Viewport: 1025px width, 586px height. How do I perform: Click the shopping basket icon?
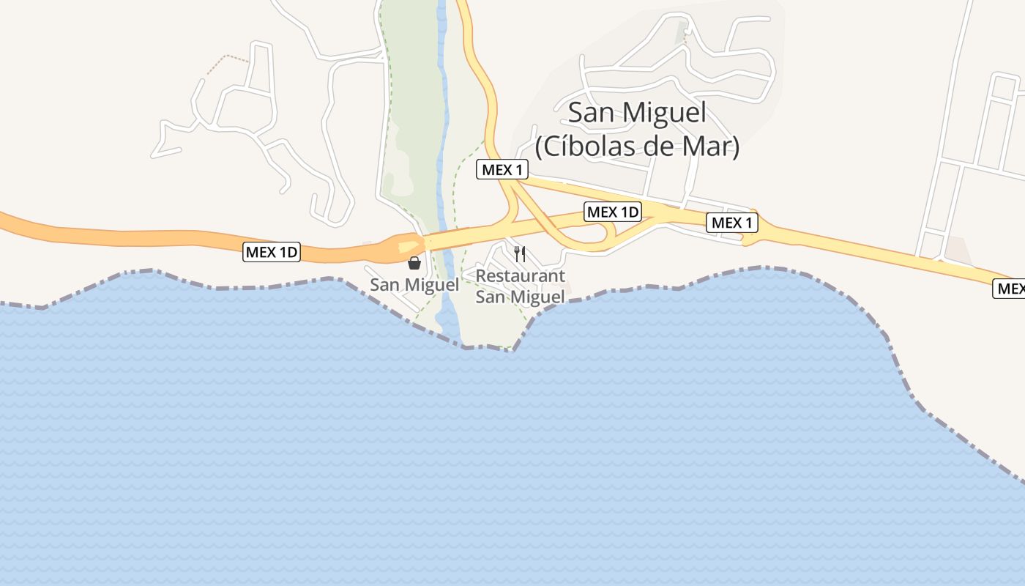[414, 262]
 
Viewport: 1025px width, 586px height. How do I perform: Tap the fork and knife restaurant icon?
[520, 254]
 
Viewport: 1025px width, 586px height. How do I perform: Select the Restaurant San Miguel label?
[520, 286]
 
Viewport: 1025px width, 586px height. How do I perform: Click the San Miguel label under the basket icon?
[414, 285]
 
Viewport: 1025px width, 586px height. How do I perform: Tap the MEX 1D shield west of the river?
[272, 253]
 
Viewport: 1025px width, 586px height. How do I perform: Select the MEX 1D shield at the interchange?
[613, 212]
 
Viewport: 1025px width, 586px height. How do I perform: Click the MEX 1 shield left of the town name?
[502, 170]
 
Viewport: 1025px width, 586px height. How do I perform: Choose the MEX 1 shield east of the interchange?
[731, 223]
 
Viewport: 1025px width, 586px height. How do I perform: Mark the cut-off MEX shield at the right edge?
[1009, 289]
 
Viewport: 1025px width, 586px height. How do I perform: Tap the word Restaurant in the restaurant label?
[520, 276]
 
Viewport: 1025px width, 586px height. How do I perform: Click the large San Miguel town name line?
[637, 113]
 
